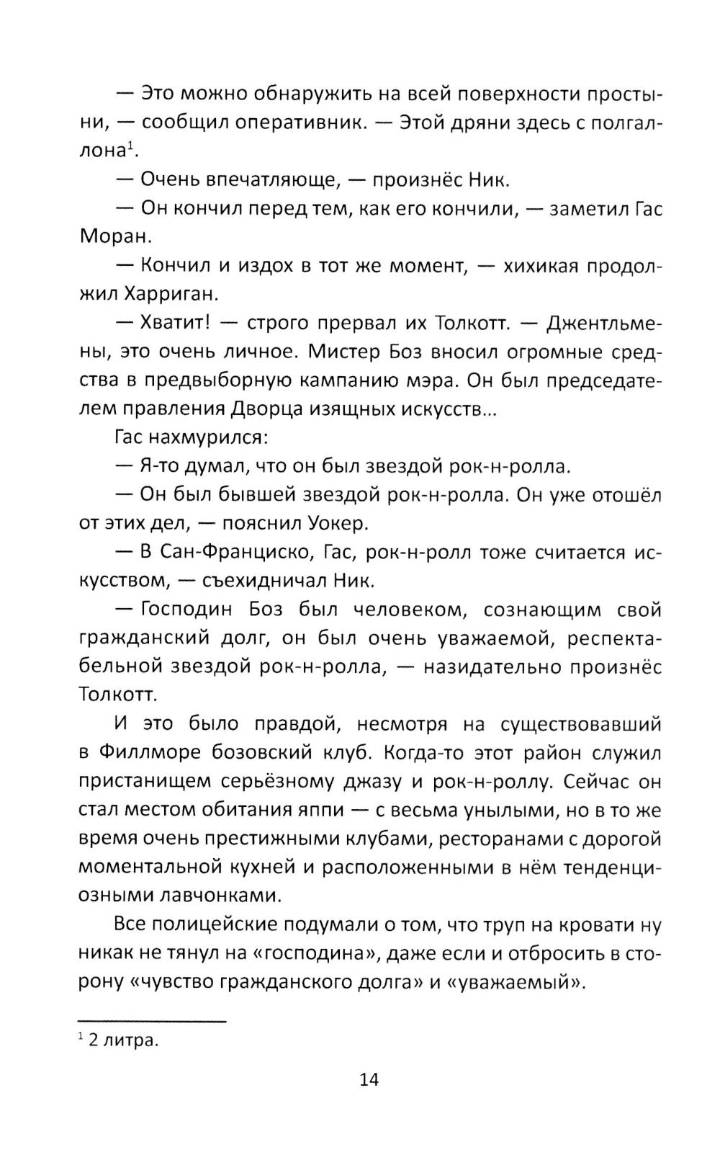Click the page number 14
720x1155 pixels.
coord(369,1079)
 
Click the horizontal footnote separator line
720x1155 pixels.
coord(152,1020)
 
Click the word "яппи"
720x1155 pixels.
coord(312,810)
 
